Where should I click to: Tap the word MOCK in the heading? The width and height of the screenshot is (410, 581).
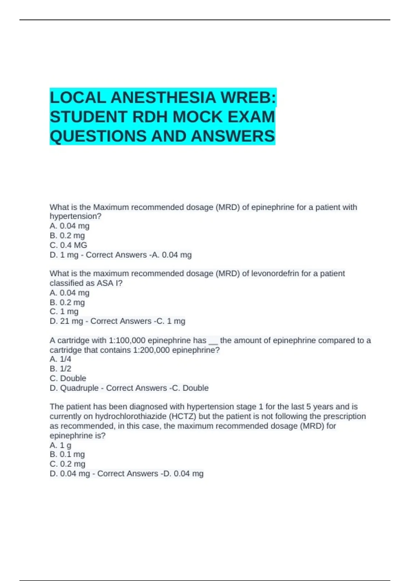pyautogui.click(x=197, y=117)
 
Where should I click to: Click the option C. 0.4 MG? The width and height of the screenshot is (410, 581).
pyautogui.click(x=68, y=245)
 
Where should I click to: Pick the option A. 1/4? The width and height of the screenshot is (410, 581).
pyautogui.click(x=60, y=359)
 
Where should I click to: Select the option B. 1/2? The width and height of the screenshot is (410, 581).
pyautogui.click(x=60, y=369)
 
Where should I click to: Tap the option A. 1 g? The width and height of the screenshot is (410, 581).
pyautogui.click(x=60, y=445)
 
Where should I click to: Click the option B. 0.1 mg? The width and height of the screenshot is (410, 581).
pyautogui.click(x=67, y=455)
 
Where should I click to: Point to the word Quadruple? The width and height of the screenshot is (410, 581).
pyautogui.click(x=79, y=388)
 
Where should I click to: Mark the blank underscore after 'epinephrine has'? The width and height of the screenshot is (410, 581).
pyautogui.click(x=213, y=342)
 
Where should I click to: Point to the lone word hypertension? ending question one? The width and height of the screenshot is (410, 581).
pyautogui.click(x=76, y=216)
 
